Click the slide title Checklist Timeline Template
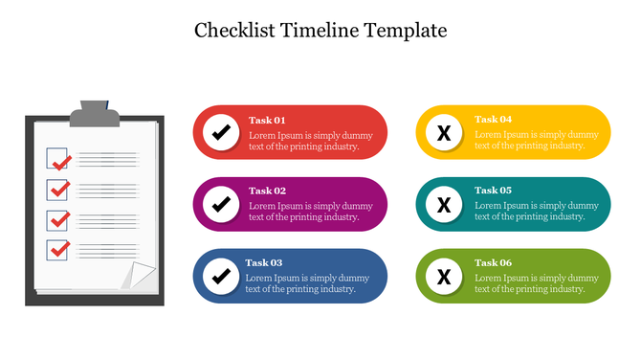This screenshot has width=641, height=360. (320, 30)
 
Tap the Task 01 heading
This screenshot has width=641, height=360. (267, 120)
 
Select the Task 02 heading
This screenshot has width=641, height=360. (267, 191)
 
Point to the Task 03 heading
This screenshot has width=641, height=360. (263, 262)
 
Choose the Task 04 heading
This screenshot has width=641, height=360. (493, 120)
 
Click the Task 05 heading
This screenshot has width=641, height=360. (493, 191)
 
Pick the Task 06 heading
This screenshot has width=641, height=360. (493, 262)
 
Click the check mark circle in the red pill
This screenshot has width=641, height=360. (221, 132)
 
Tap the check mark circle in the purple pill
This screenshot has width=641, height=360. (221, 203)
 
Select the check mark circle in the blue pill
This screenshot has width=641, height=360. (221, 276)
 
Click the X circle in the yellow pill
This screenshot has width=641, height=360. (444, 132)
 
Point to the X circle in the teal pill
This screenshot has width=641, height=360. (444, 203)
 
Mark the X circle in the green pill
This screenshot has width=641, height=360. (444, 277)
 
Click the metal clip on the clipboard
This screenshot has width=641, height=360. (95, 114)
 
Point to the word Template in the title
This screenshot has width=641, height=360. (407, 30)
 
